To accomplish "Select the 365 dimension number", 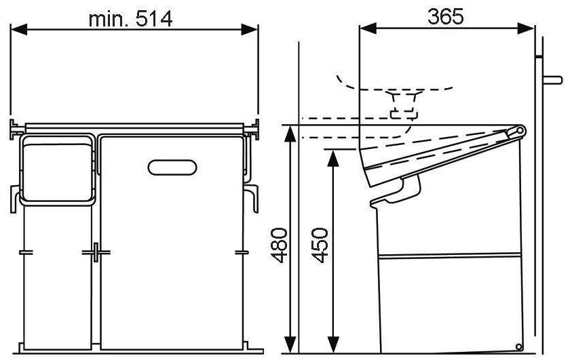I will pyautogui.click(x=445, y=16).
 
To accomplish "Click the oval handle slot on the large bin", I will pyautogui.click(x=172, y=167).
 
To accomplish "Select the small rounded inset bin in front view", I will pyautogui.click(x=57, y=169).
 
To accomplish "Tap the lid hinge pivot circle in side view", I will pyautogui.click(x=520, y=130).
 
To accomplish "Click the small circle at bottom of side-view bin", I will pyautogui.click(x=519, y=346).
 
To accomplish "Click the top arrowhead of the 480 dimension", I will pyautogui.click(x=290, y=132).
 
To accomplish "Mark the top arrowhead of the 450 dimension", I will pyautogui.click(x=332, y=157).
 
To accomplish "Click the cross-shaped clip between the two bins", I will pyautogui.click(x=96, y=252).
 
